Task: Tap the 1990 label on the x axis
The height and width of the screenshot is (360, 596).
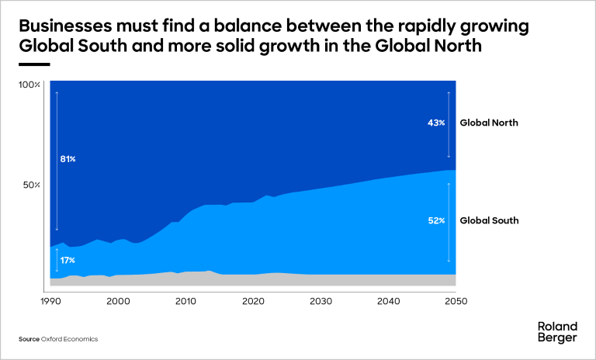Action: click(50, 301)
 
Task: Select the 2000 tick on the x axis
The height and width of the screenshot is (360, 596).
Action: click(118, 301)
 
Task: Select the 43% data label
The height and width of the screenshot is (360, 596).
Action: click(436, 123)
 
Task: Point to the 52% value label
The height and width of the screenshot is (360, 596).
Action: click(436, 220)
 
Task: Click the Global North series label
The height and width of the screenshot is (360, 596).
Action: click(488, 123)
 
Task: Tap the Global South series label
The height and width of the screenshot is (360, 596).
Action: click(489, 220)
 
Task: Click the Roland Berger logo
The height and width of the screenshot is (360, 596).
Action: click(557, 331)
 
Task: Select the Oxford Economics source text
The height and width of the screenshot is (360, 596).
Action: click(69, 339)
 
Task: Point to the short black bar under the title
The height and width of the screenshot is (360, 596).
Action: click(34, 64)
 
